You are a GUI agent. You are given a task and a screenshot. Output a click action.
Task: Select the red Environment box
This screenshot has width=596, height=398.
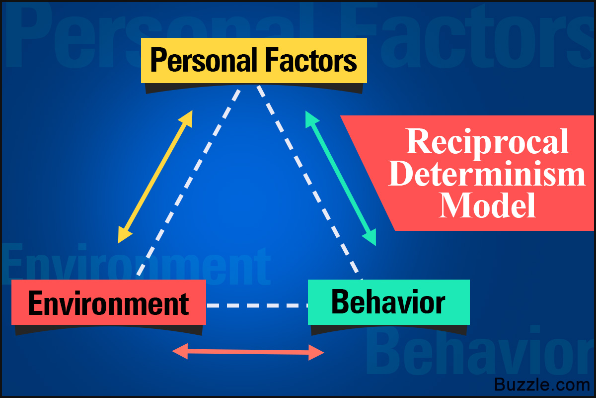tap(108, 302)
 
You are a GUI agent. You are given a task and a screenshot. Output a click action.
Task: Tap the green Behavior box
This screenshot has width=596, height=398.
tap(388, 302)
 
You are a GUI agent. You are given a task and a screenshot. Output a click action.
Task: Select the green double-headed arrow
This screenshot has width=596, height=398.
tap(341, 179)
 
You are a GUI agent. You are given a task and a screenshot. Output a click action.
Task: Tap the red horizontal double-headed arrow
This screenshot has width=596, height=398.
tap(248, 352)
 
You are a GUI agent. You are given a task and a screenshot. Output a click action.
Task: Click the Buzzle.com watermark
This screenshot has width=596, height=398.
tap(541, 385)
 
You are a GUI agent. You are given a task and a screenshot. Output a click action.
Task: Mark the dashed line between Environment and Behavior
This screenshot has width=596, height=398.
tap(257, 305)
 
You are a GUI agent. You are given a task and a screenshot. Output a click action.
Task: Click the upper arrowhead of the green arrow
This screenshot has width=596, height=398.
tap(311, 119)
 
